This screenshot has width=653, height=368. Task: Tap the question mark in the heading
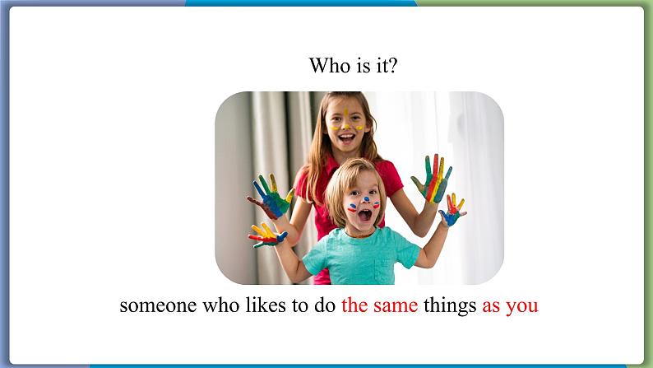point(393,65)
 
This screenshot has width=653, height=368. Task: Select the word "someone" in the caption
point(158,305)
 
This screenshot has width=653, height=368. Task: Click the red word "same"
point(396,305)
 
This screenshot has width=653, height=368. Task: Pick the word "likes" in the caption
point(266,305)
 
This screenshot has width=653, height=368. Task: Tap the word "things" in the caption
point(450,306)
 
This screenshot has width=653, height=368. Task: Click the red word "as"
point(492,307)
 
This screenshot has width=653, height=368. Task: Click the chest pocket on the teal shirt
point(383,270)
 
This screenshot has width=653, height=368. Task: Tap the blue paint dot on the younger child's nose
point(366,198)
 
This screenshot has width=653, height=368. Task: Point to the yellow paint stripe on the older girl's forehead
point(346,113)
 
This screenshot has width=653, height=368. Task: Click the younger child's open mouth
point(365,216)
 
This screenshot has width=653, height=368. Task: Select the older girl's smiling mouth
point(346,137)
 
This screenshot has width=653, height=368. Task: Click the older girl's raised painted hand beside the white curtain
point(433,179)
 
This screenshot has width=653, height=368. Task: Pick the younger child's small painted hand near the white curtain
point(452,210)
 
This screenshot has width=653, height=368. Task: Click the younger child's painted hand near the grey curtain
point(268,235)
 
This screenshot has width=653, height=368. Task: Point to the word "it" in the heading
point(381,65)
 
